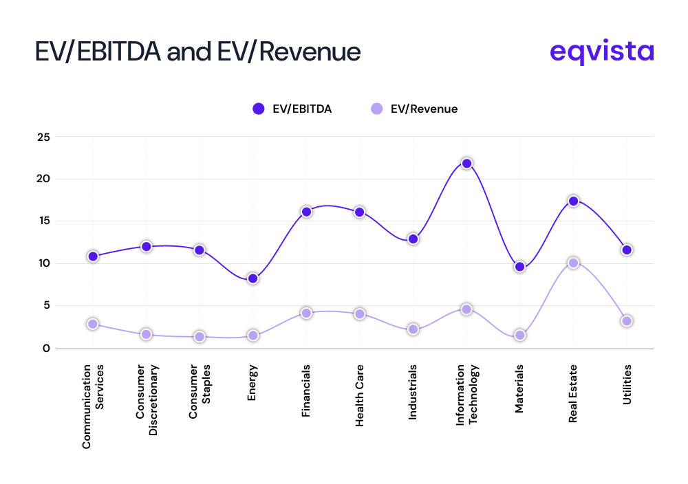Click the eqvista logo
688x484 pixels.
click(x=602, y=52)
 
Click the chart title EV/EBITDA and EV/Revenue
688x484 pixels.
click(x=197, y=52)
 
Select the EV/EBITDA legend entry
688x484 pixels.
click(x=292, y=109)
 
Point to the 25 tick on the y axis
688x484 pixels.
click(x=43, y=137)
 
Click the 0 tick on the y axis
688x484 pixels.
click(x=46, y=348)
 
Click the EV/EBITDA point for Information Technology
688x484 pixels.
click(x=466, y=164)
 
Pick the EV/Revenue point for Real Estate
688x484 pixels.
click(x=573, y=263)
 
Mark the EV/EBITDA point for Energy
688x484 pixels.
click(x=252, y=278)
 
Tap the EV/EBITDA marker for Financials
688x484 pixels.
click(x=306, y=212)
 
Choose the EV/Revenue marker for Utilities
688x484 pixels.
click(x=627, y=321)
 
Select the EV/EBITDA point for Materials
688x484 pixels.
click(x=519, y=267)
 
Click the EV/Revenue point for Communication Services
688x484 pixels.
click(x=93, y=324)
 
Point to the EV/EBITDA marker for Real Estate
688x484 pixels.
click(x=573, y=201)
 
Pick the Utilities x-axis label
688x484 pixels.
click(x=627, y=385)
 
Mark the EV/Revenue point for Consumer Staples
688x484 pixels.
click(x=200, y=337)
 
